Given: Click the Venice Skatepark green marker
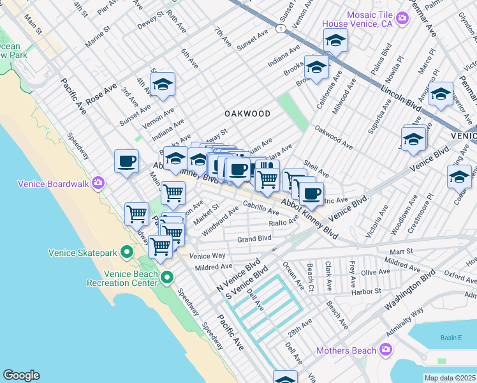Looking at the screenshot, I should tap(127, 253).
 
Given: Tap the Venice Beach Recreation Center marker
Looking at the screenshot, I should tap(167, 278).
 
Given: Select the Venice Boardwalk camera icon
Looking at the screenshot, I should tap(98, 184).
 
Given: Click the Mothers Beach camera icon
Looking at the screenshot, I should tap(385, 350).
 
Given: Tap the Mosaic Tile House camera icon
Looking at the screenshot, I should tap(402, 19).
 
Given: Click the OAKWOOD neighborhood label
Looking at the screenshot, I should tap(247, 114).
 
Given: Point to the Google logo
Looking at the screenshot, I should tap(21, 375).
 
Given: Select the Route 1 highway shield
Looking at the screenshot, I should tap(280, 29).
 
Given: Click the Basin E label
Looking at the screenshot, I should tap(450, 338).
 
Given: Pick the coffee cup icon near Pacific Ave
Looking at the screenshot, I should tap(126, 161).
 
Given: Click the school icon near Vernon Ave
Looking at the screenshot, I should tap(163, 85).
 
